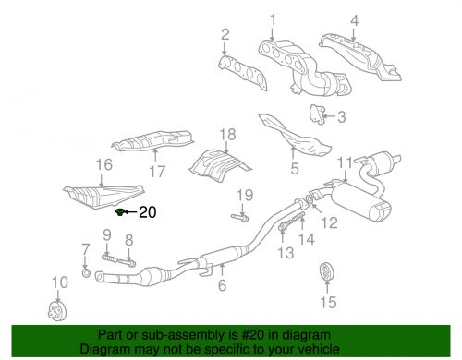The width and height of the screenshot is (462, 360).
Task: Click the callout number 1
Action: pyautogui.click(x=273, y=19)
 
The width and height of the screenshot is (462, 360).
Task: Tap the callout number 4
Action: pyautogui.click(x=355, y=19)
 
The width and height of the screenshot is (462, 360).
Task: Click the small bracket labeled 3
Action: pyautogui.click(x=316, y=114)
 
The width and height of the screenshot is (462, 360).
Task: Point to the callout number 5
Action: pyautogui.click(x=294, y=169)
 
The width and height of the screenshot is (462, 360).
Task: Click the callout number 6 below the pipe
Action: pyautogui.click(x=222, y=285)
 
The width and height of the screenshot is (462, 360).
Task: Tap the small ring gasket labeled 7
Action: pyautogui.click(x=87, y=273)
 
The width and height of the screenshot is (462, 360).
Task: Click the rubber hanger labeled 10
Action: pyautogui.click(x=55, y=307)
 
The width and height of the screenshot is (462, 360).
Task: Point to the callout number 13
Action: pyautogui.click(x=286, y=252)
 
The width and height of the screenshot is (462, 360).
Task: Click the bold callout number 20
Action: pyautogui.click(x=148, y=212)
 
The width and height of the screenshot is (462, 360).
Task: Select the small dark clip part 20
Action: pyautogui.click(x=122, y=212)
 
